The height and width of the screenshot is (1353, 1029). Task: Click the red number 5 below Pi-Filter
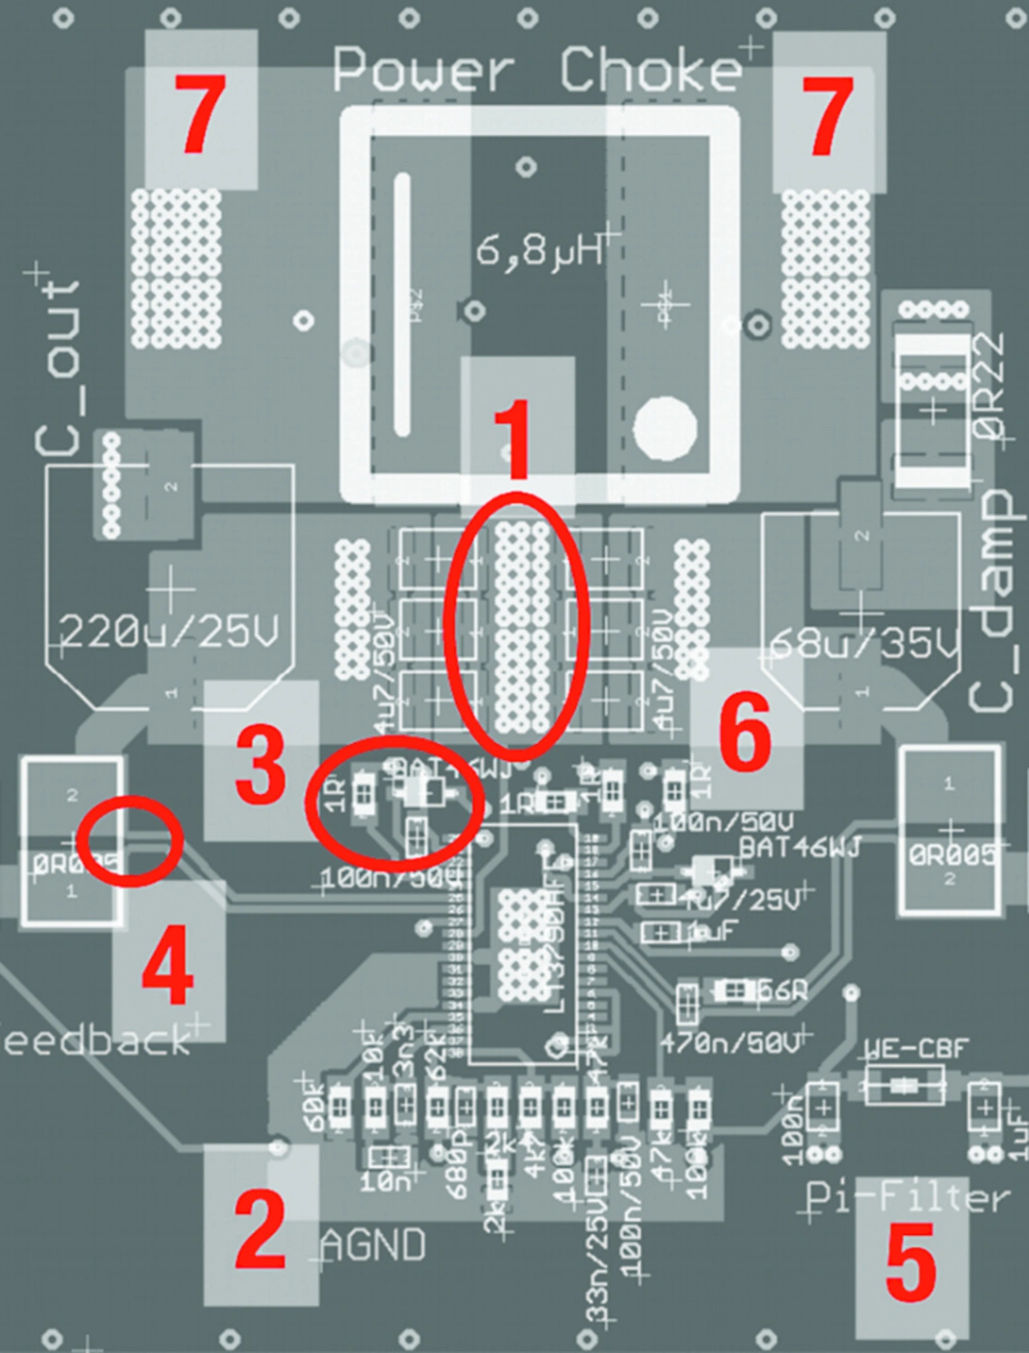click(910, 1260)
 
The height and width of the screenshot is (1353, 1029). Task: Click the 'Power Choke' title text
click(537, 70)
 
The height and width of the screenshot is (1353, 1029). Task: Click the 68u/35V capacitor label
click(865, 644)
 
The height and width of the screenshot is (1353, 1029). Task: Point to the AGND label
click(373, 1246)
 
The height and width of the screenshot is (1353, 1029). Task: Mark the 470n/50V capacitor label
click(730, 1043)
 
